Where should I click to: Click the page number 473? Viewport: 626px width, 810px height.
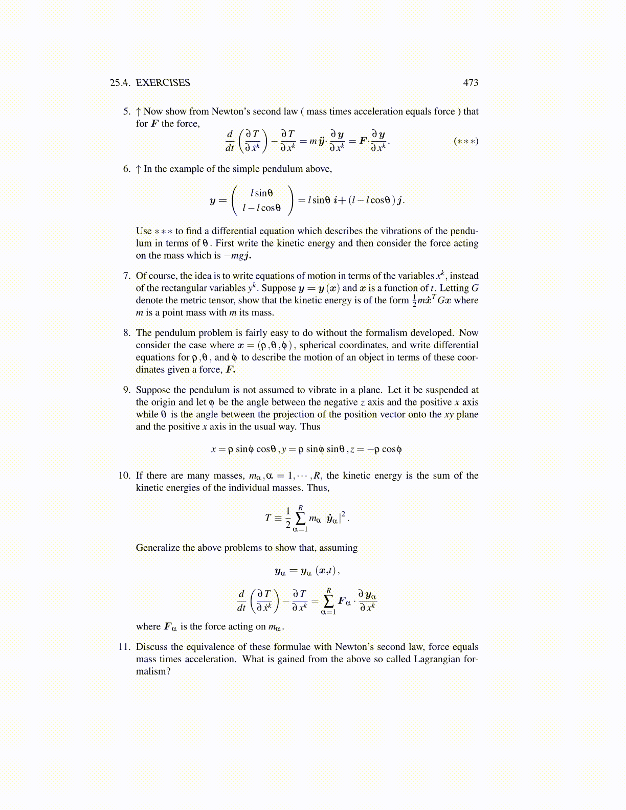tap(471, 83)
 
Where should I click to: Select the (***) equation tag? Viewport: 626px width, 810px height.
tap(466, 141)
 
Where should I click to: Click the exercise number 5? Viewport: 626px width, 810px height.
tap(126, 111)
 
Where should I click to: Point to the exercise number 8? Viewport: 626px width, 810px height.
tap(126, 333)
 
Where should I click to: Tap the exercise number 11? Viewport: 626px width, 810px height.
tap(124, 647)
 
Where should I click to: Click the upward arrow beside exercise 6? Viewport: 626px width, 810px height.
tap(139, 169)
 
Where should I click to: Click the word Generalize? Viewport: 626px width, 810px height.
tap(158, 548)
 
